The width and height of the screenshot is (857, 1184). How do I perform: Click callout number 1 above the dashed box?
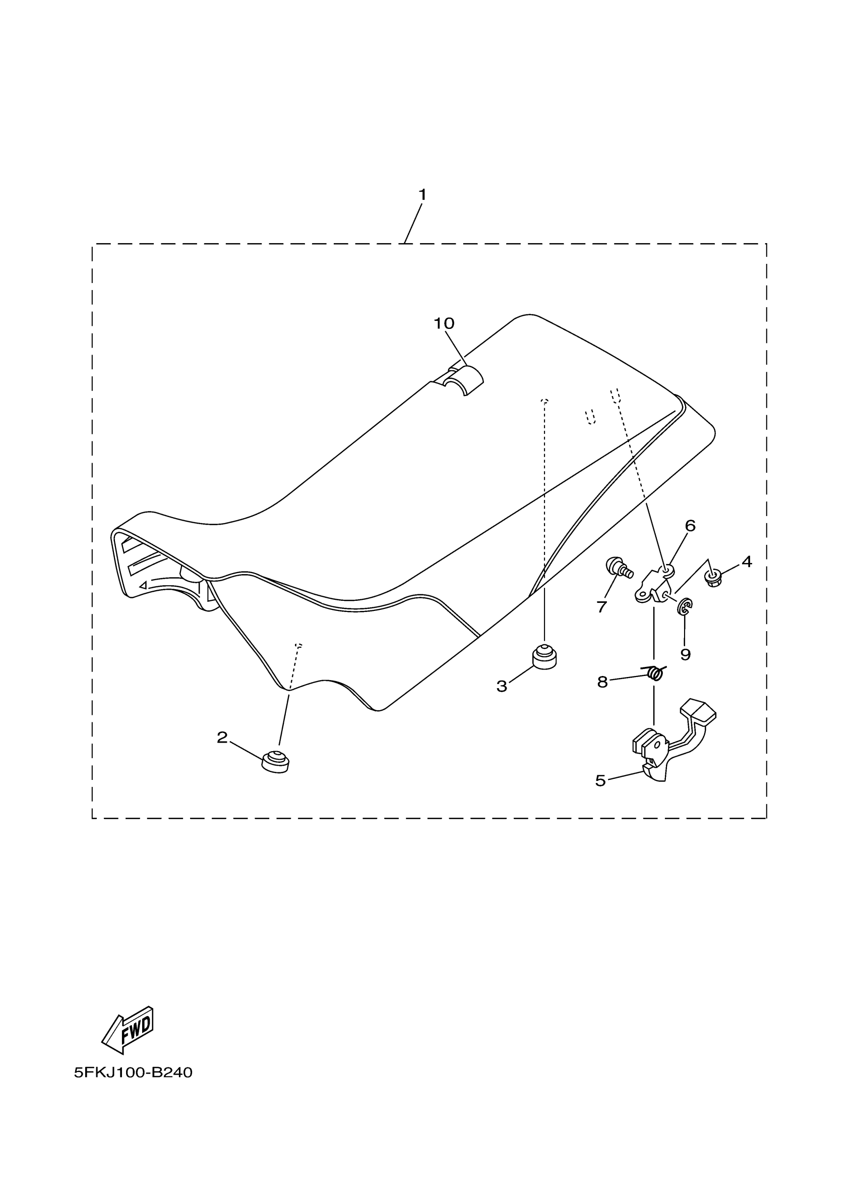422,195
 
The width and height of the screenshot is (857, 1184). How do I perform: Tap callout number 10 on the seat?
444,324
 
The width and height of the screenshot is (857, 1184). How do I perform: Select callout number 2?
222,738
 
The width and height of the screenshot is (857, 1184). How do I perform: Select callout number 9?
686,654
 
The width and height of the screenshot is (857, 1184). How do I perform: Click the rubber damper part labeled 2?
275,762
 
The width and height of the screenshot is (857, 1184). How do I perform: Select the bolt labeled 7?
618,568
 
